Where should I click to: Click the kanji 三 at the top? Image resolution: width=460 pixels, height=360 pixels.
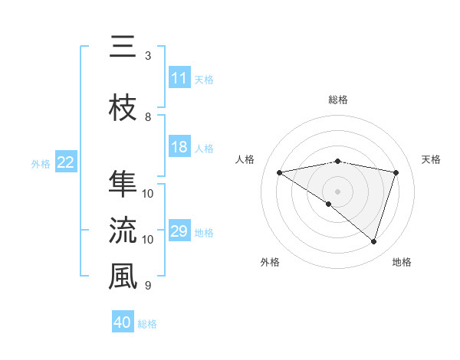(x=122, y=47)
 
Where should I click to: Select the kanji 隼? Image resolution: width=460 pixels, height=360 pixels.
(x=122, y=185)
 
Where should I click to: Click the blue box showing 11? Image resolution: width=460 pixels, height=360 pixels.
(x=179, y=78)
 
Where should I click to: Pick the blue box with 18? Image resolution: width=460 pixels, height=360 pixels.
(x=179, y=148)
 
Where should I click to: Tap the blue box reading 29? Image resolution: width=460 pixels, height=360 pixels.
(x=179, y=231)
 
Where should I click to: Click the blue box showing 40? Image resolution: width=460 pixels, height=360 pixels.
(x=123, y=322)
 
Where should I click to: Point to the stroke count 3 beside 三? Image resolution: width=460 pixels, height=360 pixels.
(x=148, y=56)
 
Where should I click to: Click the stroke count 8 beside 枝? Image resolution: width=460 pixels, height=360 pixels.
(x=148, y=117)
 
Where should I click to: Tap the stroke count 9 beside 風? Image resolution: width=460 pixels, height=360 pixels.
(x=148, y=286)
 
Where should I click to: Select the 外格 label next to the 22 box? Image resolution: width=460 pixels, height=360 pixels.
(x=41, y=163)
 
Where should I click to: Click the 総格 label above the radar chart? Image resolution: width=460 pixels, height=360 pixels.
(x=337, y=100)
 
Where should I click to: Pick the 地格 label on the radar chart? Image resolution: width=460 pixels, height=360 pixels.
(x=402, y=262)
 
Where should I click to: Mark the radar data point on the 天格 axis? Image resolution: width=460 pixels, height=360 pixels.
(x=396, y=172)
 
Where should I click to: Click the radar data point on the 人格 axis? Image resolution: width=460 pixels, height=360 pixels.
(x=279, y=172)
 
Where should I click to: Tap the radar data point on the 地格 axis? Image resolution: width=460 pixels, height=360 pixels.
(x=373, y=241)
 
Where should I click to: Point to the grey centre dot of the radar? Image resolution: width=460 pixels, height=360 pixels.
(x=337, y=191)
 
